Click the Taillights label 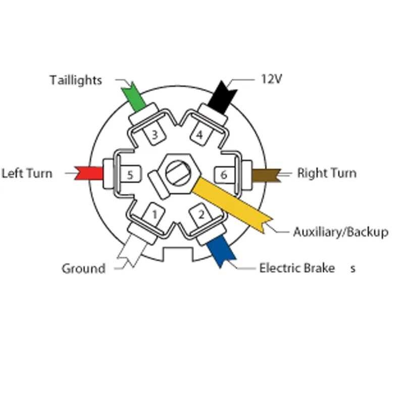tap(76, 80)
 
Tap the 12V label tap(271, 79)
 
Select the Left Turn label tap(27, 173)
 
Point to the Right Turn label tap(326, 173)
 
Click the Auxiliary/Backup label tap(340, 232)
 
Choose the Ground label tap(83, 268)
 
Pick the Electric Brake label tap(297, 268)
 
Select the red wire tap(89, 173)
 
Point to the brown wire tap(265, 175)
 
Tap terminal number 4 tap(199, 135)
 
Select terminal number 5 tap(130, 175)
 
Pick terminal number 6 tap(224, 175)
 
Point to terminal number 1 tap(155, 216)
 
